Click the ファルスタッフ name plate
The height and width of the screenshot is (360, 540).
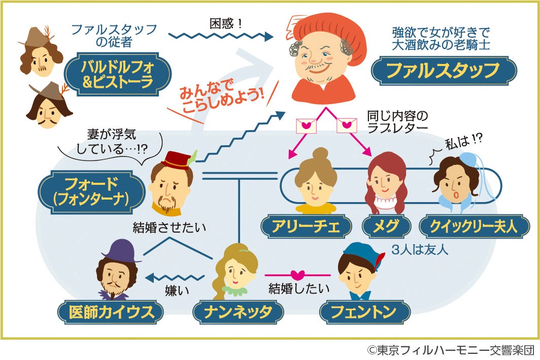coord(444,71)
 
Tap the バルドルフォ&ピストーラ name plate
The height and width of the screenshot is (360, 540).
coord(117,73)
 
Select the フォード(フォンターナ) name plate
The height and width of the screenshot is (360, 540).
coord(92,191)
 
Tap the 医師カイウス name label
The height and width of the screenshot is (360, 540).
coord(111,312)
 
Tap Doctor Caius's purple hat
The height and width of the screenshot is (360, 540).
coord(121,250)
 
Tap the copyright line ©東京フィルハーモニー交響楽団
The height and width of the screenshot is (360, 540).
coord(451,350)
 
